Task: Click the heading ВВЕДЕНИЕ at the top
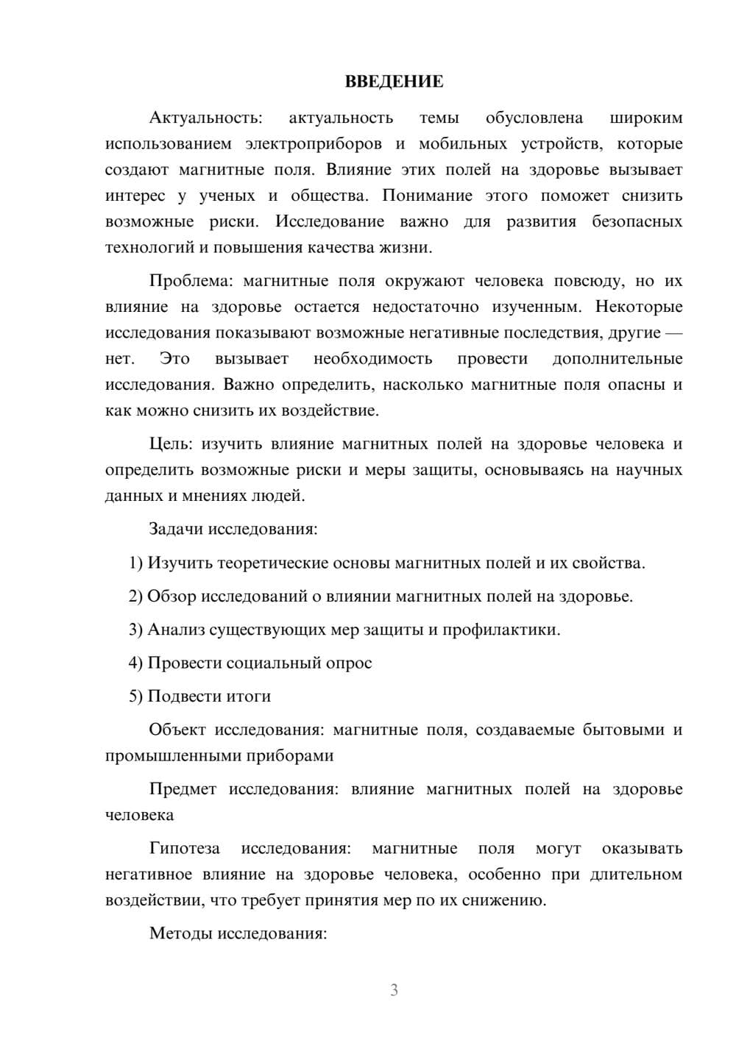point(394,82)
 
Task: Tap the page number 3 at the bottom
point(394,990)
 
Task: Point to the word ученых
point(227,196)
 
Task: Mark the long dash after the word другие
point(673,333)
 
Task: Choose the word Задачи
point(177,530)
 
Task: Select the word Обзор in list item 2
point(171,596)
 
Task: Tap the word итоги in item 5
point(249,697)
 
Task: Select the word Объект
point(177,730)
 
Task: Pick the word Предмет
point(183,790)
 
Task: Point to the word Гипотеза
point(185,849)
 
